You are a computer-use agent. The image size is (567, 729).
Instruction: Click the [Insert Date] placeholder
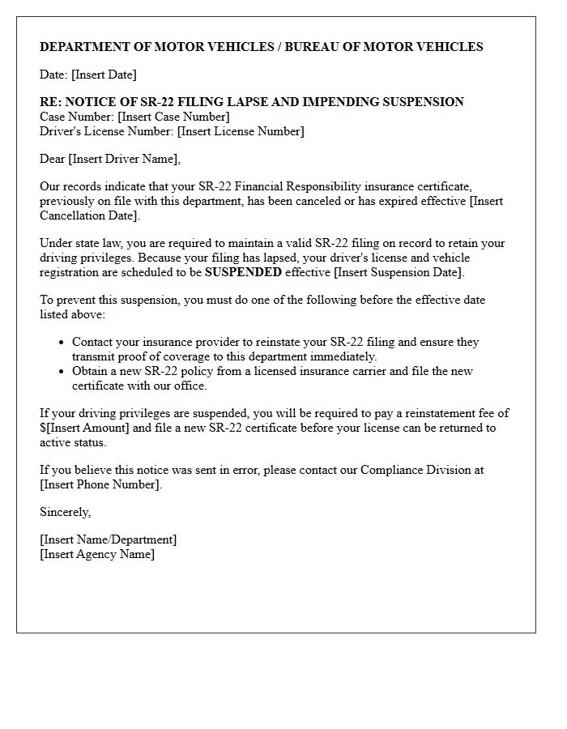point(104,75)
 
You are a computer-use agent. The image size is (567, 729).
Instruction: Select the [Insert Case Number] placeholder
point(173,117)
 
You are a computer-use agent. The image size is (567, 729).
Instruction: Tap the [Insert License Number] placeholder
point(241,131)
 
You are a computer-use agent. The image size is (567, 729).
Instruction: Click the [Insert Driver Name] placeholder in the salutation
point(123,159)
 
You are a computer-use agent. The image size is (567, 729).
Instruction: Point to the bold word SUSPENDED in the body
point(243,272)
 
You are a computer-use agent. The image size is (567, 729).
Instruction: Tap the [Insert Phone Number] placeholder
point(100,484)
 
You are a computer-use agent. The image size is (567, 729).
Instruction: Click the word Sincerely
point(65,512)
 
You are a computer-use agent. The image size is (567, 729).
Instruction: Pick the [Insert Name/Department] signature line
point(108,539)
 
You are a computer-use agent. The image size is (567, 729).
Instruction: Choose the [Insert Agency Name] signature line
point(97,554)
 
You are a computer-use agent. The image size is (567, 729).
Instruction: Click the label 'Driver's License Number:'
point(107,131)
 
